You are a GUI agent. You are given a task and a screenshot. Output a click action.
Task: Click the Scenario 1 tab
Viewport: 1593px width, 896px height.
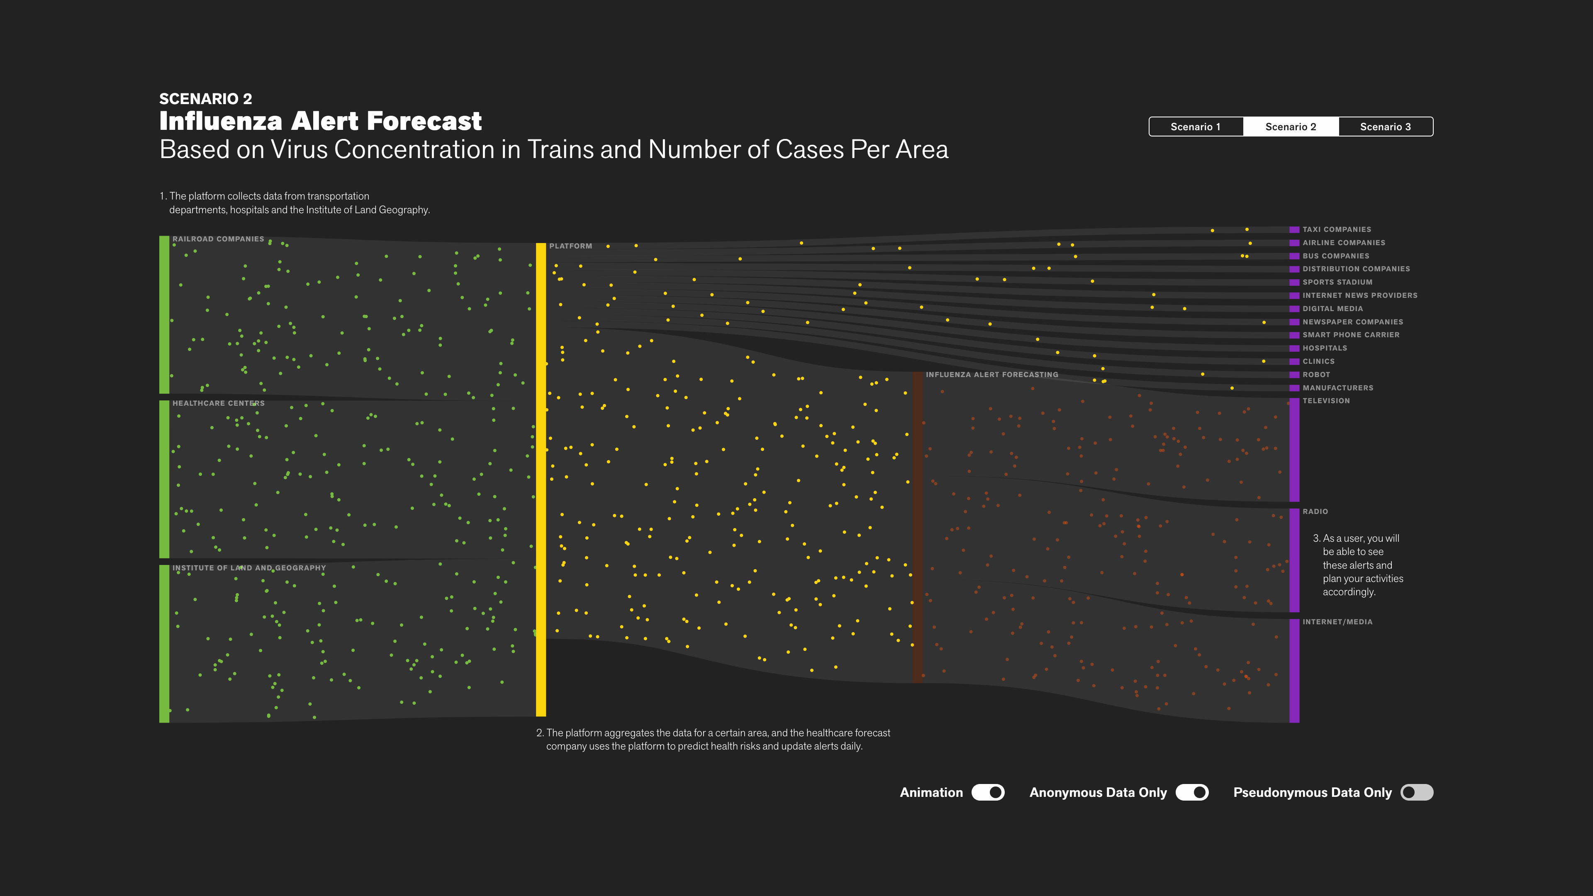[1195, 127]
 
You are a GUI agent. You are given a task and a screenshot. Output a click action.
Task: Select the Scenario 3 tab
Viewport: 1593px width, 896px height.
[1385, 127]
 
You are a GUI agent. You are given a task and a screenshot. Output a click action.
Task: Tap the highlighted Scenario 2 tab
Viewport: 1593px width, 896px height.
[1291, 127]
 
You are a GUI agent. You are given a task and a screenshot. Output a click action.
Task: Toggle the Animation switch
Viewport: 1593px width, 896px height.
[988, 792]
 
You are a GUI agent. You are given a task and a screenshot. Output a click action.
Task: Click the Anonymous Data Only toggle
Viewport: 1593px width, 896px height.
[1192, 792]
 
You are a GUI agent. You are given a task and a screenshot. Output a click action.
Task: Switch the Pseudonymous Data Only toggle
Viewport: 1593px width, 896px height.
[1417, 792]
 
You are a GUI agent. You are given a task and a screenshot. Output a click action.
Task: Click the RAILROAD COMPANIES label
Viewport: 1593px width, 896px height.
[218, 239]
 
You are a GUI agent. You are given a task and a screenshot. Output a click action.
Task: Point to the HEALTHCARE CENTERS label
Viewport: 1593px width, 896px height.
[218, 403]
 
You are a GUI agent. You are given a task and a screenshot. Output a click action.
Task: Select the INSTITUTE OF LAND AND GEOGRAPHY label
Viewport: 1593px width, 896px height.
[248, 567]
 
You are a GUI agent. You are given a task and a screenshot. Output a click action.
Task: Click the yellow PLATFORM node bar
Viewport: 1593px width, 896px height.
[541, 479]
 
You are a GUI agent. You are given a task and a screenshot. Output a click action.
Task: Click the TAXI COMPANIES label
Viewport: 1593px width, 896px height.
[1336, 229]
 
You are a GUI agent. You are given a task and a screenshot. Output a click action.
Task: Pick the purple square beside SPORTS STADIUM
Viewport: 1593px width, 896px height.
[1294, 282]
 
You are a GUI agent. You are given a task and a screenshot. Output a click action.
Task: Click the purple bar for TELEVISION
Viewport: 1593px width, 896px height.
[1294, 450]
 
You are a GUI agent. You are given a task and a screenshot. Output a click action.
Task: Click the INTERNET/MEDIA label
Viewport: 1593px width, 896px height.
[1337, 622]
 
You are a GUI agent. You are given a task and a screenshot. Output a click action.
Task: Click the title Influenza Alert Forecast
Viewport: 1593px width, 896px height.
[320, 121]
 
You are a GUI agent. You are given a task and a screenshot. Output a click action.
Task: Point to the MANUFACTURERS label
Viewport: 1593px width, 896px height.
[1337, 388]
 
